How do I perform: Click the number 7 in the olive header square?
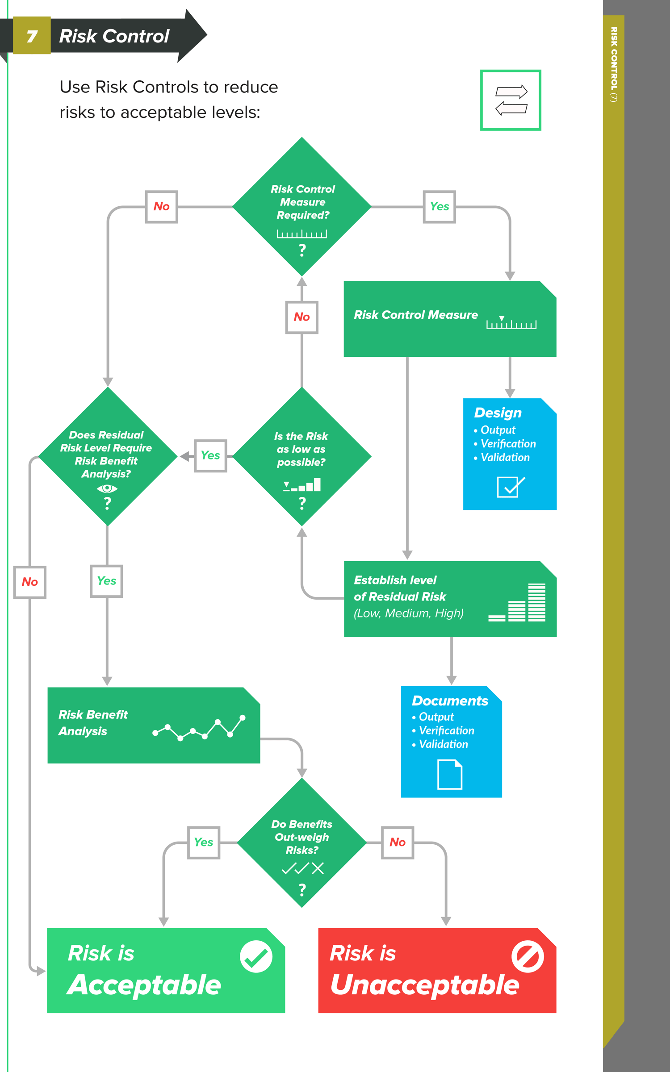coord(32,36)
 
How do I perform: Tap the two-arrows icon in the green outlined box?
coord(511,100)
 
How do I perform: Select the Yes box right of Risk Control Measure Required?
coord(439,207)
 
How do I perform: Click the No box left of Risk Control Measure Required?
coord(161,207)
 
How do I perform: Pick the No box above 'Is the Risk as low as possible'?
coord(301,317)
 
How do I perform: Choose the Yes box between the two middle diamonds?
coord(210,456)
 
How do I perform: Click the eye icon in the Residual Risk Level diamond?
coord(107,488)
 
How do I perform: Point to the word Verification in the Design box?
coord(508,444)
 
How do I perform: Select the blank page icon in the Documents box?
coord(450,775)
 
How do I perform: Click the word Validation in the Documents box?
coord(443,744)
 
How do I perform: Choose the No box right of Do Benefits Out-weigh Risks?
coord(398,843)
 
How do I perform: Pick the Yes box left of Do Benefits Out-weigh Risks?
coord(204,843)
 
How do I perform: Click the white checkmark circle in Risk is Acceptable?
coord(256,956)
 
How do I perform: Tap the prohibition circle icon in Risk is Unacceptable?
coord(528,956)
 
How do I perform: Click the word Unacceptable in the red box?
coord(424,985)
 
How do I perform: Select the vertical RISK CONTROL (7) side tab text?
coord(614,65)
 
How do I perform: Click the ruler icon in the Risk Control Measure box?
coord(511,323)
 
